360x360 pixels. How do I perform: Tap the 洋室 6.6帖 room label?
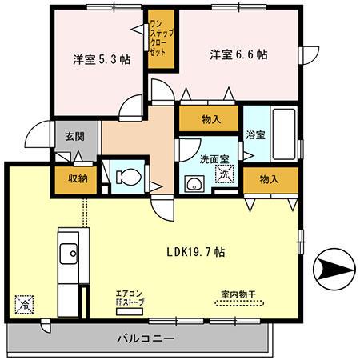point(238,55)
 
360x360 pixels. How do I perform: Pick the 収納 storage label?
point(77,179)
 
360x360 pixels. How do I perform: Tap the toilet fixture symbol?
point(127,175)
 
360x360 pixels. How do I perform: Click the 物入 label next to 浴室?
point(270,179)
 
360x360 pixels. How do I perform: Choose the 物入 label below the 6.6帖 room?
point(211,120)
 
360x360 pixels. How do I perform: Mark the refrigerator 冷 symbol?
point(24,304)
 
